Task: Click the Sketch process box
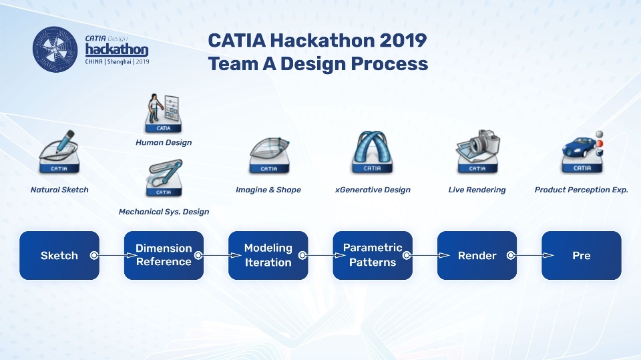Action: [59, 255]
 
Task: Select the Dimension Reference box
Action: [164, 255]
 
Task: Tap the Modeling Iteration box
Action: [268, 255]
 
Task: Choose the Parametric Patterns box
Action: [373, 255]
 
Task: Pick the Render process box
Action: [477, 255]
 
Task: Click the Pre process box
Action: [582, 255]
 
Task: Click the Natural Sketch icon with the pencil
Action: [59, 152]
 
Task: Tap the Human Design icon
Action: [164, 113]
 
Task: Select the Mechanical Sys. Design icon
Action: [164, 178]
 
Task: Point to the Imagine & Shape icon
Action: [269, 155]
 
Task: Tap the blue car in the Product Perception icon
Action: [578, 147]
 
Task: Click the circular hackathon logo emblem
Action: [55, 49]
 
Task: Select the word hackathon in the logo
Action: [116, 49]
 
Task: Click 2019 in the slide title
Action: [403, 40]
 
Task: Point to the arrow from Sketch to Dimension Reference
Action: [114, 255]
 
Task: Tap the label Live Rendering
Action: [477, 190]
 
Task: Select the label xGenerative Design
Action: [373, 190]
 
